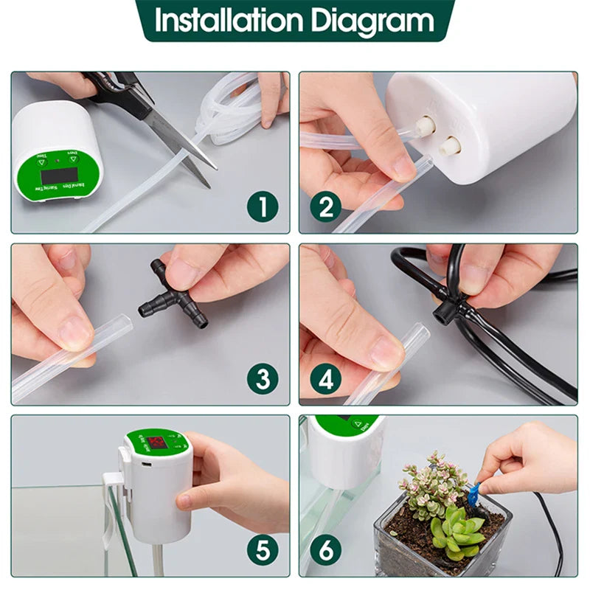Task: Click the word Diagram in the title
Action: [372, 21]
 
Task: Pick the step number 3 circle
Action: [263, 379]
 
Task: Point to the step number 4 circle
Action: [325, 379]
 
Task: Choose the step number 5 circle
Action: [263, 550]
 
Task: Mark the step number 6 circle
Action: [325, 550]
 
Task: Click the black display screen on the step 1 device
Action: [60, 175]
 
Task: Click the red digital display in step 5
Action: [157, 443]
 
